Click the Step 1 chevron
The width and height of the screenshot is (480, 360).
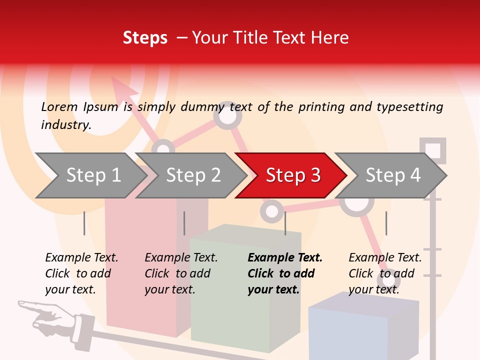point(92,175)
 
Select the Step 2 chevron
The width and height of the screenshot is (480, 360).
point(192,175)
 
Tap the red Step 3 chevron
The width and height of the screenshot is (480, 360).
point(292,175)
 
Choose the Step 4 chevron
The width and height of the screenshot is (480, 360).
point(392,175)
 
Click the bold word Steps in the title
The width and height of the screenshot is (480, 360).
point(145,37)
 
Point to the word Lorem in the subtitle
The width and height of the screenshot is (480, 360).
point(59,106)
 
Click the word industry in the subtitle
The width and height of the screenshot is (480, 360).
point(66,124)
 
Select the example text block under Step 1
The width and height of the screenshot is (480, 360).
point(81,273)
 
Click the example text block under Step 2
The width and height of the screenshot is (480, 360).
point(181,273)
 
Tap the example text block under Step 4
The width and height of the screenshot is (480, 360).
point(385,273)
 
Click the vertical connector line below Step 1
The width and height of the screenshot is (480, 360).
point(84,223)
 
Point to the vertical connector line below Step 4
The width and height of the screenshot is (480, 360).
point(386,223)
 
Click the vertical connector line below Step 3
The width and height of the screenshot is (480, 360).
point(285,223)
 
